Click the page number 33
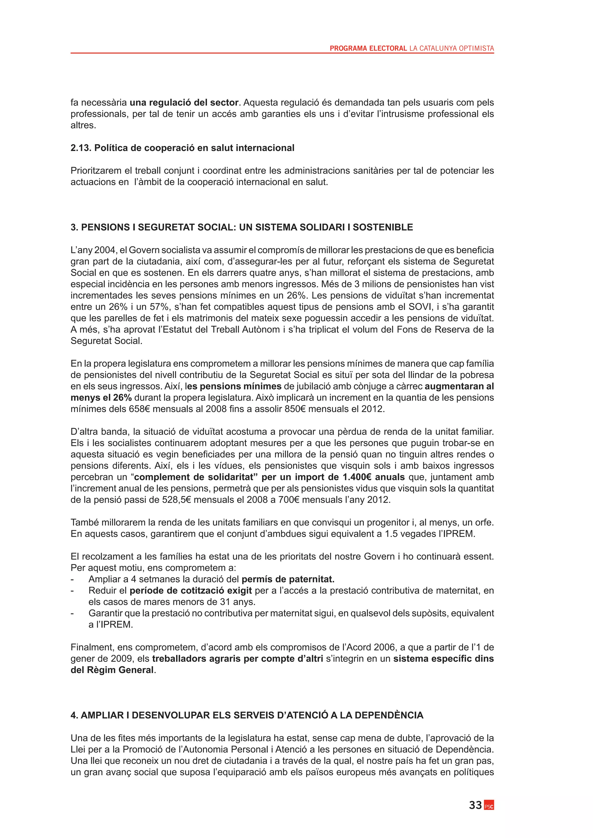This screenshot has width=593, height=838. (475, 805)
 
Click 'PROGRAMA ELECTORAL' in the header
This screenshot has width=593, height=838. (368, 48)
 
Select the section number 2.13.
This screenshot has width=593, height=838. (81, 148)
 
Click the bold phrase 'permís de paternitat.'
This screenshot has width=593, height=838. (288, 579)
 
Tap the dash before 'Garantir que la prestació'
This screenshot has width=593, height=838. (72, 613)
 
